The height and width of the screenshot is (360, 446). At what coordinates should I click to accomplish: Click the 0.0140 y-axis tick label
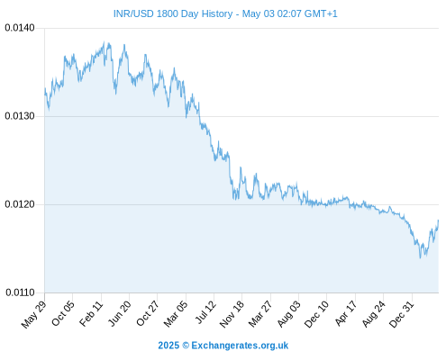point(20,28)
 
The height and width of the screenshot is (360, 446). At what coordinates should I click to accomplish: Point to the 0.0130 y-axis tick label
point(20,116)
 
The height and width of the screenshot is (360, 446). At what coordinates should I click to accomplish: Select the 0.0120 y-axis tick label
point(20,204)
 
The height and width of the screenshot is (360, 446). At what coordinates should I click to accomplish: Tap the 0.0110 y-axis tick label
point(20,292)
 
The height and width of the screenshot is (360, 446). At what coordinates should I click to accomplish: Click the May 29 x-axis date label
point(33,314)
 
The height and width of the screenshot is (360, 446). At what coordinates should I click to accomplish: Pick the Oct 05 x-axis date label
point(62,313)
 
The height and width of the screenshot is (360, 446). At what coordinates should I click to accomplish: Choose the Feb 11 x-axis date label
point(91,313)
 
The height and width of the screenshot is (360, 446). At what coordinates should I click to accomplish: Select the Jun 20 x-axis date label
point(119,313)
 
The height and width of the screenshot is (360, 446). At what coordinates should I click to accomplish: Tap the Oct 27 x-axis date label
point(147,313)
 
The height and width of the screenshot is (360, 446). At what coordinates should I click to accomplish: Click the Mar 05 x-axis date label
point(176,314)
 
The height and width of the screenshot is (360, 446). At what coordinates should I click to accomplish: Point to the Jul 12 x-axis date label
point(205,312)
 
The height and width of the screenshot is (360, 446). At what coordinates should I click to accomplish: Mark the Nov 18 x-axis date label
point(232,314)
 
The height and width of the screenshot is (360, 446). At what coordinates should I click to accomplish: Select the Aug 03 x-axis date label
point(288,314)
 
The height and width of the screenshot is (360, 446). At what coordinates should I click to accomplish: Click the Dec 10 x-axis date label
point(316,314)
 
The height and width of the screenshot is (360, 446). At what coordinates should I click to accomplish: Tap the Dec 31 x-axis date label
point(401,314)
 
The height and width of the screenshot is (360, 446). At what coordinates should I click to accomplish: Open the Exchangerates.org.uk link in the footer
point(240,346)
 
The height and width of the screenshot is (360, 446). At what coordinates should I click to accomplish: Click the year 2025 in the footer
point(168,346)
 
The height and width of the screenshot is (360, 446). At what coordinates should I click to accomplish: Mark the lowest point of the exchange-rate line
point(420,257)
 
